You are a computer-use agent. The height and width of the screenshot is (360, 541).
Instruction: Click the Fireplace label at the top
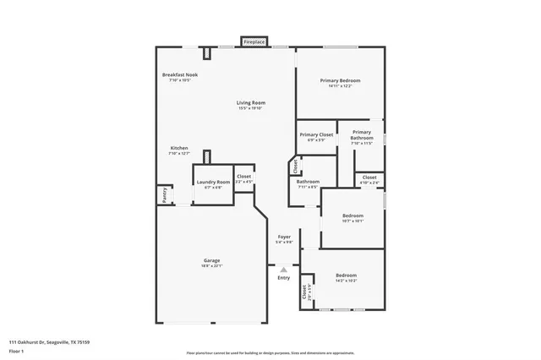click(254, 41)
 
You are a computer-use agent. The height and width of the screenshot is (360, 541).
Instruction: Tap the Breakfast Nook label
click(179, 75)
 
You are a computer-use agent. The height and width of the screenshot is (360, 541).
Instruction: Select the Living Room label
click(249, 103)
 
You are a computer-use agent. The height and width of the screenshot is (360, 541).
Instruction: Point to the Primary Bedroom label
click(341, 81)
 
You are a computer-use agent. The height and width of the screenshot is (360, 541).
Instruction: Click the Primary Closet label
click(315, 134)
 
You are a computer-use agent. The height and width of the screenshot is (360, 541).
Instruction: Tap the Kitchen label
click(179, 148)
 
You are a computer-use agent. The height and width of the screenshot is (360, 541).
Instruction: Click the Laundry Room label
click(213, 183)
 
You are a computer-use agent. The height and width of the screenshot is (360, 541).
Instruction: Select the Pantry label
click(164, 195)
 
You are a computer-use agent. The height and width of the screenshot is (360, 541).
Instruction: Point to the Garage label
click(211, 260)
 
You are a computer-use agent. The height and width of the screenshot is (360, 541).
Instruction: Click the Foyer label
click(284, 237)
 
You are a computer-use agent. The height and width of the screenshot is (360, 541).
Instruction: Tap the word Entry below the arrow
click(284, 278)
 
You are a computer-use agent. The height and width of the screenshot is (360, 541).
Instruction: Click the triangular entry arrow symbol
click(284, 270)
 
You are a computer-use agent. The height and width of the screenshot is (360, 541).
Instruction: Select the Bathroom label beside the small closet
click(308, 182)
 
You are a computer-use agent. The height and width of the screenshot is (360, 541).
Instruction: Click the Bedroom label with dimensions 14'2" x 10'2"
click(347, 275)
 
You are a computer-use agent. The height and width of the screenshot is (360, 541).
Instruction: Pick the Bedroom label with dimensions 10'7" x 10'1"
click(352, 215)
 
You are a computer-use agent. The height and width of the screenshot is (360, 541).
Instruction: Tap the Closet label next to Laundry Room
click(243, 177)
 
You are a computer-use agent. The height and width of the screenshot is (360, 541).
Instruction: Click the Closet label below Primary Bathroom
click(369, 177)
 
